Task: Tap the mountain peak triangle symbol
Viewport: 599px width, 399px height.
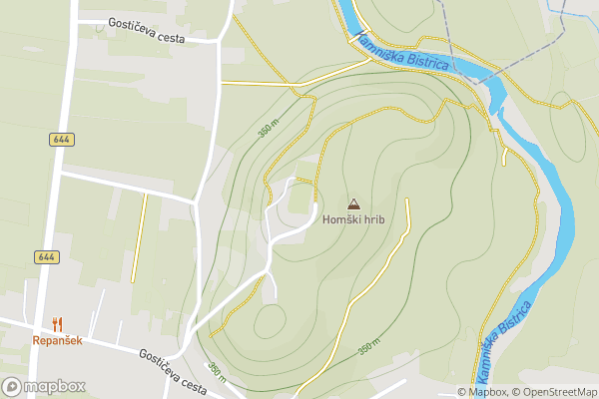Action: (352, 203)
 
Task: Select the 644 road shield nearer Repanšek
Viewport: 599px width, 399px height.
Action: (45, 256)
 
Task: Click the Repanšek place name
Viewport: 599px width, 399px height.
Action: (56, 340)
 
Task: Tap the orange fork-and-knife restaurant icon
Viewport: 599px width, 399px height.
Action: (57, 323)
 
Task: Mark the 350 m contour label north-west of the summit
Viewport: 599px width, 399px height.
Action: (267, 129)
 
